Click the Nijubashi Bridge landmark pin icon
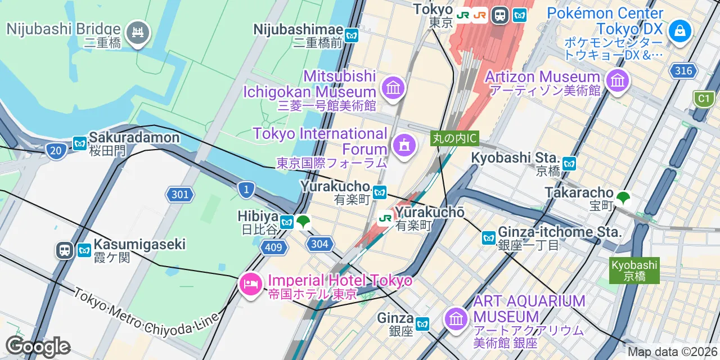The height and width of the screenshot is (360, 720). [x=137, y=32]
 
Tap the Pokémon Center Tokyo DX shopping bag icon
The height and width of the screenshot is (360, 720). [x=679, y=30]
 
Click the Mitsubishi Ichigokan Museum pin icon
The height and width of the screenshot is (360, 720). [x=393, y=88]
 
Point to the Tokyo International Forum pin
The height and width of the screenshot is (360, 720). [x=404, y=146]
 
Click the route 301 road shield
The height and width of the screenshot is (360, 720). [x=180, y=195]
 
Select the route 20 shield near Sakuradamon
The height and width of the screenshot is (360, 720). [x=55, y=151]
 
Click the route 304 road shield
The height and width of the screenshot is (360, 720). [x=320, y=244]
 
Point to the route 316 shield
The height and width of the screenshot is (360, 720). [x=683, y=70]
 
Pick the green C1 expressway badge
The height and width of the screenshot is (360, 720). [x=703, y=99]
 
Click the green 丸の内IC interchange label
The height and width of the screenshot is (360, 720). [x=454, y=138]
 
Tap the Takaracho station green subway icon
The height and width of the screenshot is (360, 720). [x=623, y=197]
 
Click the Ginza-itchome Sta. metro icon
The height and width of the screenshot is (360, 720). [x=488, y=238]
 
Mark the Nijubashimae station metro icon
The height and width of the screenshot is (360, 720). [x=352, y=35]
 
